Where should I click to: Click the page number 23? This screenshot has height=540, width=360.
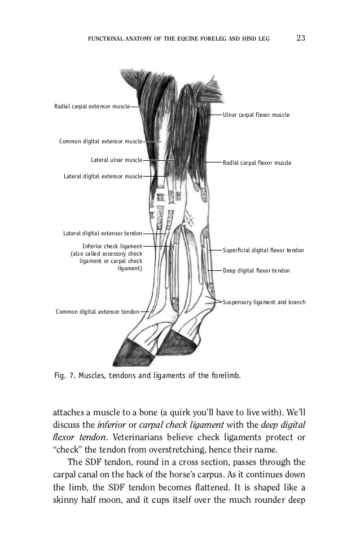pos(300,38)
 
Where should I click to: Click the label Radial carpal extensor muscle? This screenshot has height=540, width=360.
pos(91,106)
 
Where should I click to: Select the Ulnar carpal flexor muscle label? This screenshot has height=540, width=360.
pos(256,115)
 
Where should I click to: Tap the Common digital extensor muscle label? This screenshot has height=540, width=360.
pos(100,141)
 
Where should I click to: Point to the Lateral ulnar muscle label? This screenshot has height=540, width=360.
pos(116,160)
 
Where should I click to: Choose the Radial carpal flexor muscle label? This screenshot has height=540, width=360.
pos(257,163)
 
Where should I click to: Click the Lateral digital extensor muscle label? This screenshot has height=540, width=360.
pos(103,177)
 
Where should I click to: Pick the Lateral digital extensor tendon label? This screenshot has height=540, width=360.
pos(102,232)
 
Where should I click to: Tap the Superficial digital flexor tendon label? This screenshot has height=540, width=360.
pos(264,250)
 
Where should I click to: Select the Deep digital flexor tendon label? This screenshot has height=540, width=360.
pos(256,271)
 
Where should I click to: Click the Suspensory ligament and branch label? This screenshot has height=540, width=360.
pos(264,302)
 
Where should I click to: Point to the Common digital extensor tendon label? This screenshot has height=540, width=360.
pos(98,311)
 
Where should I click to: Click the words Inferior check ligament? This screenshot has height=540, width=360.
pos(112,246)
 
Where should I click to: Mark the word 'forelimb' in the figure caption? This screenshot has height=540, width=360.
pos(225,375)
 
